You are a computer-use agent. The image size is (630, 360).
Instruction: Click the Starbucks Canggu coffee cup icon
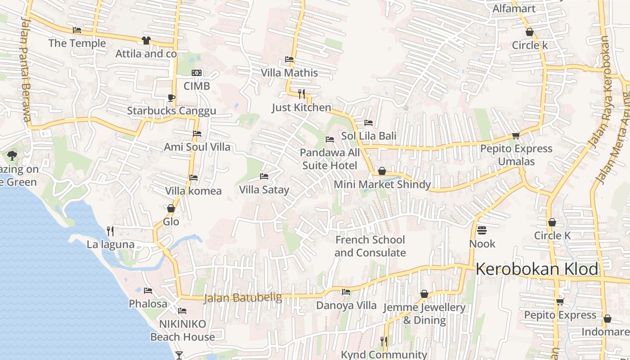(171, 98)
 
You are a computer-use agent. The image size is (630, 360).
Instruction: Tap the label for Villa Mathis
(289, 73)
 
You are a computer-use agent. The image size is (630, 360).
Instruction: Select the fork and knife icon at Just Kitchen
(301, 94)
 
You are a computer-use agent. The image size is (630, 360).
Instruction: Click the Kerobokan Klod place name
(537, 269)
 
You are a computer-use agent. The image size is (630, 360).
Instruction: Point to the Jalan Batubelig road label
(243, 298)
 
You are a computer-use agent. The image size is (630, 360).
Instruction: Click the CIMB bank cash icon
(197, 73)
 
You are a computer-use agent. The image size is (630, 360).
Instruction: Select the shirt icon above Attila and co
(146, 40)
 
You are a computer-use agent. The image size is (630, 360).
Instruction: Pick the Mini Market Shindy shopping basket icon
(382, 171)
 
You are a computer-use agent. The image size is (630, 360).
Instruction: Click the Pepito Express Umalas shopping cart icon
(516, 135)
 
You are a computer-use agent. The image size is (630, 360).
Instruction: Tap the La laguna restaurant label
(111, 244)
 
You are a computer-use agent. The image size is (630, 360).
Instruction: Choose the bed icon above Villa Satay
(264, 176)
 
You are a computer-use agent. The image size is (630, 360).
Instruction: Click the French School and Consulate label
(370, 246)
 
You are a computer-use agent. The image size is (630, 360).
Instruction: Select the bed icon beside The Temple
(77, 30)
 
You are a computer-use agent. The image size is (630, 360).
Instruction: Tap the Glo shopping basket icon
(171, 208)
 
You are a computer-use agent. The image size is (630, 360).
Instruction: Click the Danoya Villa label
(346, 305)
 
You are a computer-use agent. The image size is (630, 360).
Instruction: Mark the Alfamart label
(514, 9)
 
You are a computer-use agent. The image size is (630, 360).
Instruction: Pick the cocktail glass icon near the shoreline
(179, 355)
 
